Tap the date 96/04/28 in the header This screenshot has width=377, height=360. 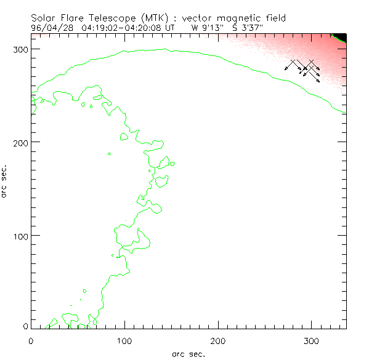coord(51,28)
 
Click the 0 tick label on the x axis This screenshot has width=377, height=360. coord(31,340)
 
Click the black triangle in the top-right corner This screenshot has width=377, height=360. coord(341,36)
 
